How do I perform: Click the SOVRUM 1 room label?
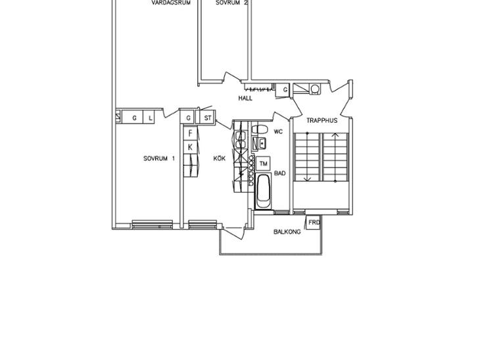[159, 158]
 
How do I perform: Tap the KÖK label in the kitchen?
[220, 158]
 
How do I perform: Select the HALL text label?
[245, 98]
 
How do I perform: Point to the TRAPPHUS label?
[322, 120]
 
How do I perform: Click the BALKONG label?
[287, 232]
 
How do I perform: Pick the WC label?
[278, 132]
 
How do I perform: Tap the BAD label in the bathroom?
[280, 173]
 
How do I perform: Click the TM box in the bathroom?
[263, 164]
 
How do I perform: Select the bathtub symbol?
[263, 191]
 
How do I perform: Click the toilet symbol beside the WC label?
[260, 129]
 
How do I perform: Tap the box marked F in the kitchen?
[190, 133]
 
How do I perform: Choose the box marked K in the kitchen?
[190, 147]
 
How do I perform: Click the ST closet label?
[208, 118]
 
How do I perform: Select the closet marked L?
[150, 118]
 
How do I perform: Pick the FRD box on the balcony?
[314, 222]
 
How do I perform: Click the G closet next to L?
[134, 118]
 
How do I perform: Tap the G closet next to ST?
[188, 118]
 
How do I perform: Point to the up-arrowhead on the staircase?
[335, 134]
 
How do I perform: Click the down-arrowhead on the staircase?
[308, 179]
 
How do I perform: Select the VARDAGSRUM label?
[171, 3]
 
